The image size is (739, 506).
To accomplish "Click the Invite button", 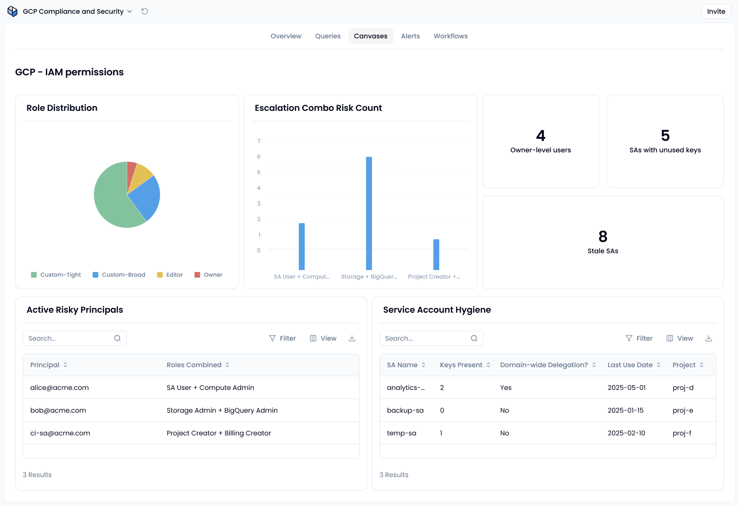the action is [716, 11].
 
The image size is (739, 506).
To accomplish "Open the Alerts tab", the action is [410, 36].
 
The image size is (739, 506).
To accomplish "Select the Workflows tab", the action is [451, 36].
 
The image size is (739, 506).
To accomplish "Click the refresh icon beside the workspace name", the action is [144, 11].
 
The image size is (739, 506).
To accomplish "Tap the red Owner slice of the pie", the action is [131, 172].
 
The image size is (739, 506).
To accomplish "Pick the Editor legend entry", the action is [170, 274].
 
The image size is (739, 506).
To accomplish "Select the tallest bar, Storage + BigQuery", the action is [369, 213].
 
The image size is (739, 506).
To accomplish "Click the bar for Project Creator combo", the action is [436, 254].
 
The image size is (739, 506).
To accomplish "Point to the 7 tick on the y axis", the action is [259, 141].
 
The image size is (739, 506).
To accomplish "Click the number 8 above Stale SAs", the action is [603, 236].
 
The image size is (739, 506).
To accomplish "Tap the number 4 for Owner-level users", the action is [541, 135].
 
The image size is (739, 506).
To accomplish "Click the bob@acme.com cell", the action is [58, 410].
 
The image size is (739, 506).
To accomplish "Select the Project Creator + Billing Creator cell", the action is [219, 433].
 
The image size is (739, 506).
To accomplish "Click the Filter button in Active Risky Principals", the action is [282, 338].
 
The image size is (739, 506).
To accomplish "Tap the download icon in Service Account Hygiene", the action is [708, 338].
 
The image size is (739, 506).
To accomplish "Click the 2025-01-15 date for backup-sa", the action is [625, 410].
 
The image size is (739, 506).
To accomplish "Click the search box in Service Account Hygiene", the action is [431, 338].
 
